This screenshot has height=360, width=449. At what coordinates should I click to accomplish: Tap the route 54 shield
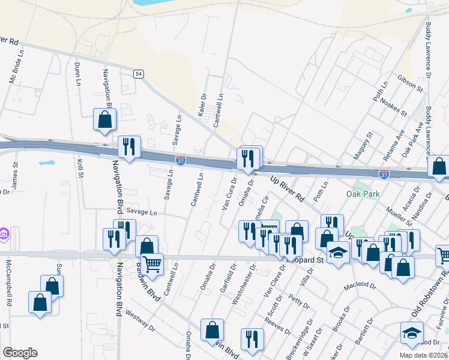coord(139,73)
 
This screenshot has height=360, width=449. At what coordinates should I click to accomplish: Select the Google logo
coord(19,353)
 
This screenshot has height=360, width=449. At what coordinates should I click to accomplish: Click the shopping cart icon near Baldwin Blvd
coord(152,263)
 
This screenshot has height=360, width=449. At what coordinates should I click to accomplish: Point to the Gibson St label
coord(411,83)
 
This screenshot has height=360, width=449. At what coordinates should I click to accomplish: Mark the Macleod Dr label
coord(358,286)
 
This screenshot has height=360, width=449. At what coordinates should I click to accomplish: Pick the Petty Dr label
coord(298,301)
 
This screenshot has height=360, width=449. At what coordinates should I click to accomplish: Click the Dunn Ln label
coord(77,73)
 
